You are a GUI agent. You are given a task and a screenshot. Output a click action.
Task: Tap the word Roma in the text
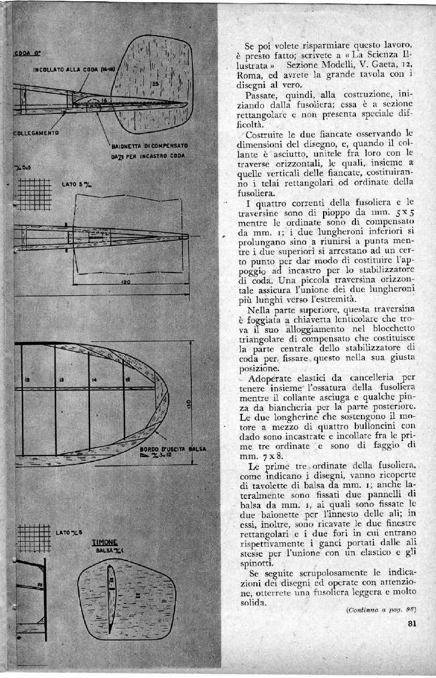pyautogui.click(x=248, y=76)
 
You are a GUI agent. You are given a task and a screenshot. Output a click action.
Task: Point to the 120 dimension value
pyautogui.click(x=125, y=282)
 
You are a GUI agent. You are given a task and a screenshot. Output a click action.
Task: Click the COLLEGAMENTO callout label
pyautogui.click(x=36, y=133)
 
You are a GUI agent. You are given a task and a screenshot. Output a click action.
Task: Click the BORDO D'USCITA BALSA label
pyautogui.click(x=165, y=447)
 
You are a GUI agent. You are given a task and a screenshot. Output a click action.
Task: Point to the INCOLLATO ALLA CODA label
pyautogui.click(x=73, y=70)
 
